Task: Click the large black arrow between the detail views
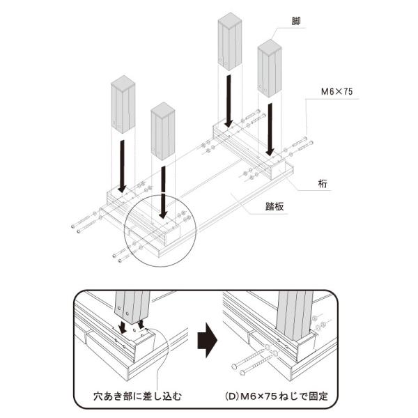(207, 343)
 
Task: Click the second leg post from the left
(162, 130)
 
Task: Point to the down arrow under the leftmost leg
(122, 164)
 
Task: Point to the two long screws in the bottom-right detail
(251, 360)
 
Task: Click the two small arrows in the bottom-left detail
(132, 325)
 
